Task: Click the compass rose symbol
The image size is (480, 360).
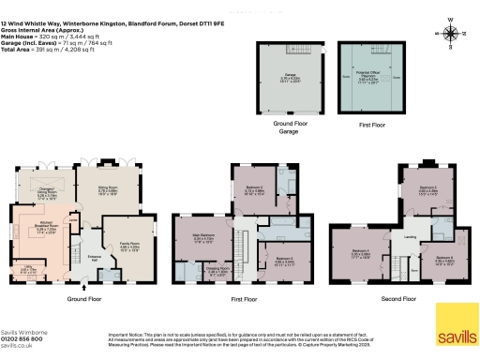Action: click(x=453, y=34)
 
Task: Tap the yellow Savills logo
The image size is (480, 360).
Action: click(x=457, y=322)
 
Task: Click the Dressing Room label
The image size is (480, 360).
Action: click(x=217, y=273)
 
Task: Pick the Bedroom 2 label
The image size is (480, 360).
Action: click(x=254, y=190)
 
